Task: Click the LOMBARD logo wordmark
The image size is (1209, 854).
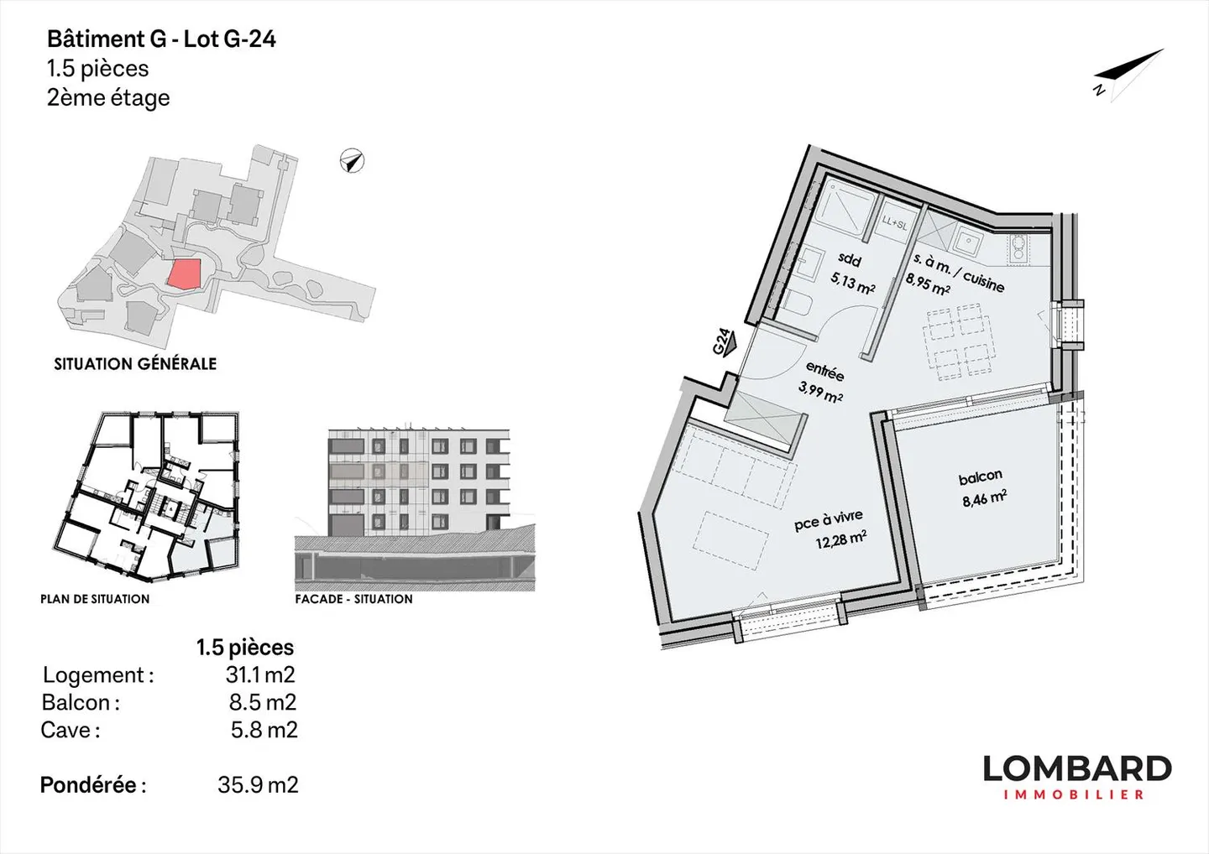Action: (x=1077, y=768)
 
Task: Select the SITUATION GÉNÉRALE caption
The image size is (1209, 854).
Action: (x=135, y=364)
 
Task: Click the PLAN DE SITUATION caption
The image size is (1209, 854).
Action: (x=95, y=599)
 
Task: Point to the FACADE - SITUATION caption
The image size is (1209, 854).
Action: (x=353, y=599)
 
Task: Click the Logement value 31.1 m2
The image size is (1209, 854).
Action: (x=260, y=674)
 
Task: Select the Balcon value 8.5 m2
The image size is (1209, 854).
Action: (x=263, y=702)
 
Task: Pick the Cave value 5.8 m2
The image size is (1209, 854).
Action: (x=264, y=730)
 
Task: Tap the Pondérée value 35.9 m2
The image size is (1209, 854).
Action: (x=258, y=785)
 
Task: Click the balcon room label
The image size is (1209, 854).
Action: (x=981, y=476)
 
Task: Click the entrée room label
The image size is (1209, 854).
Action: (x=824, y=371)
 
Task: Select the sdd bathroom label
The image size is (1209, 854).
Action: (x=850, y=260)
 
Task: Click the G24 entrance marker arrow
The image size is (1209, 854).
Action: (x=725, y=342)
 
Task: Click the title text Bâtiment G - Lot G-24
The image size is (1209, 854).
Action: (x=161, y=39)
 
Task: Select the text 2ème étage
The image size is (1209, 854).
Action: (x=108, y=98)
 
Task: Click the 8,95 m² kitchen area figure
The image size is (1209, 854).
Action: (x=928, y=284)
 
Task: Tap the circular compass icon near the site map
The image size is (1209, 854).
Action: (x=353, y=160)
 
